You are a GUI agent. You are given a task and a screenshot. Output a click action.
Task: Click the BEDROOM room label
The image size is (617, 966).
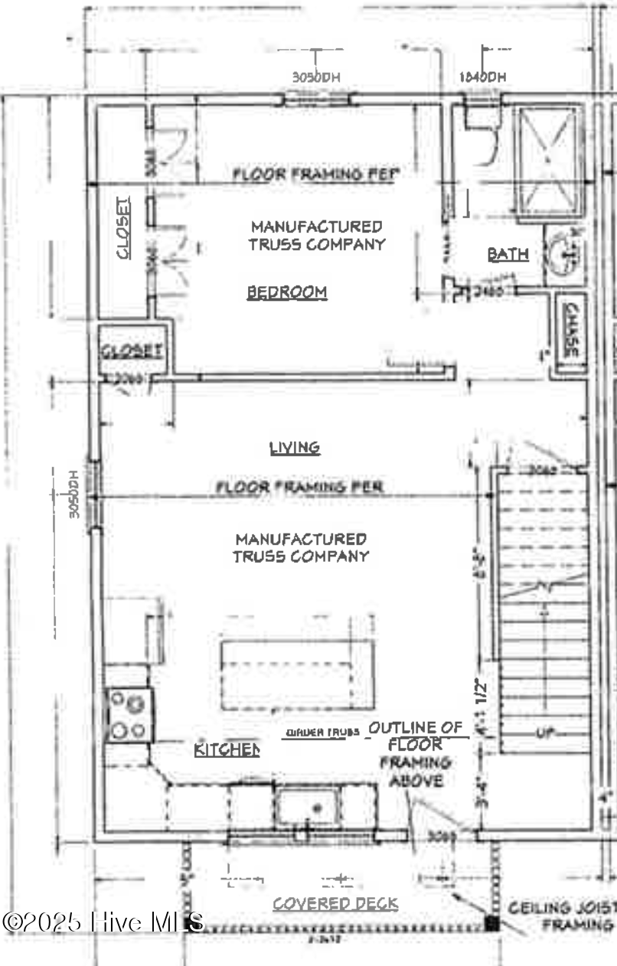(287, 292)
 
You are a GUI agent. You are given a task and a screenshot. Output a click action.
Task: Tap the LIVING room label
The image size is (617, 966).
(295, 448)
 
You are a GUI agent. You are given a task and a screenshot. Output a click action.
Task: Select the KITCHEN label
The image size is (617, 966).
(227, 749)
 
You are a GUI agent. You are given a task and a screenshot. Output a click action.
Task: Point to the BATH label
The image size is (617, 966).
(508, 254)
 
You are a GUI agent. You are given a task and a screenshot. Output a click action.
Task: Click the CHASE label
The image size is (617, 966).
(570, 330)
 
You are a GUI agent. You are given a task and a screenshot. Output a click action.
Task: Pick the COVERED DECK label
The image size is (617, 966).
(335, 903)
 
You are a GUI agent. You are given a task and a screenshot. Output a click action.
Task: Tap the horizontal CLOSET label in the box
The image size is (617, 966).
(132, 351)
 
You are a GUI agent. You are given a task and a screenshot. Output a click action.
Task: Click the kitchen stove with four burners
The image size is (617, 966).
(129, 715)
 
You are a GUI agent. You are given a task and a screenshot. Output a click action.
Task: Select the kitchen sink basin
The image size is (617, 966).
(309, 808)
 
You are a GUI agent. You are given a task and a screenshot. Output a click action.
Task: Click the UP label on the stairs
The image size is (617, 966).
(544, 733)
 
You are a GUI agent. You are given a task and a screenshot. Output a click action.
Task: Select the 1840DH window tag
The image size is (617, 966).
(483, 77)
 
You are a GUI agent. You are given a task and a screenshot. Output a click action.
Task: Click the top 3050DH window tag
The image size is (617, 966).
(315, 77)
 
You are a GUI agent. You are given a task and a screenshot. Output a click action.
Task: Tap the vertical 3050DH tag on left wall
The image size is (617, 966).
(74, 494)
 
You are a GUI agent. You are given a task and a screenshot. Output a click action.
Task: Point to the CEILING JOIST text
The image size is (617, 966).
(563, 908)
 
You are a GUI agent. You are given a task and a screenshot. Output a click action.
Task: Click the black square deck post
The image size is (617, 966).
(492, 925)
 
